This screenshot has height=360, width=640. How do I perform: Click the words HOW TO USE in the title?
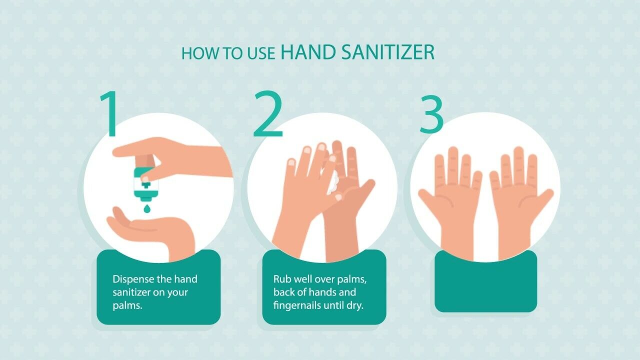[x=228, y=53]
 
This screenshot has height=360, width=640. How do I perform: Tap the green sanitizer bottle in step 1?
[x=146, y=182]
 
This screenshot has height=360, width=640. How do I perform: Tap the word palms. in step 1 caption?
[x=127, y=305]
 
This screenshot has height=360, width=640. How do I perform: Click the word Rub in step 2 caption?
[x=281, y=279]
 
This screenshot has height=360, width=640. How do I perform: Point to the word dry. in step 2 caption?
[x=354, y=305]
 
